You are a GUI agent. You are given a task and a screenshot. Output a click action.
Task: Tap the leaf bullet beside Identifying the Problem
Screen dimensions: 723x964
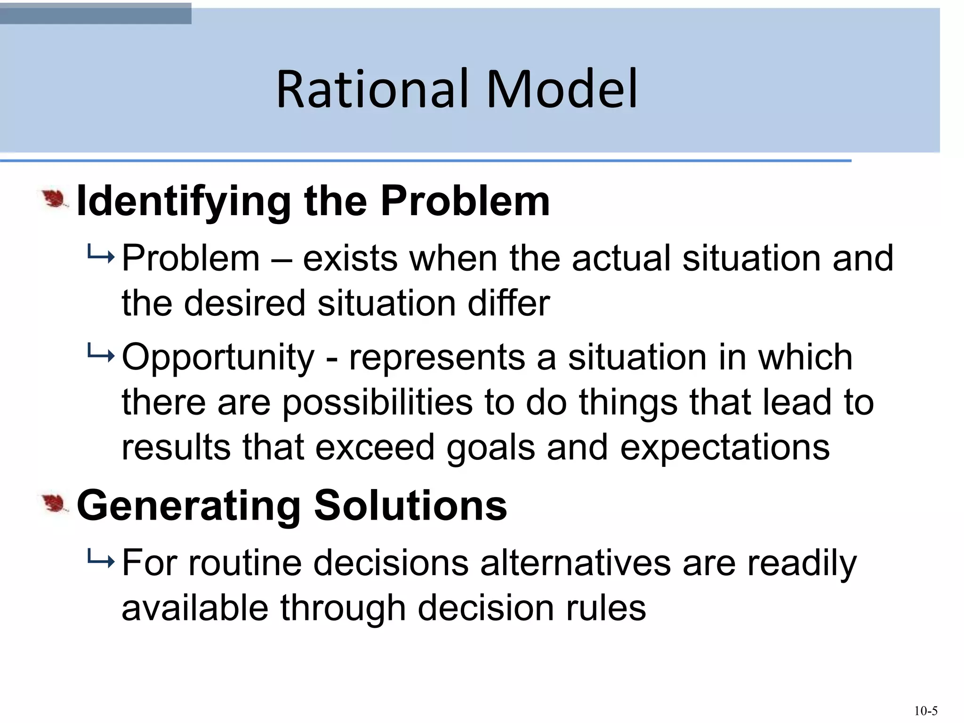point(55,200)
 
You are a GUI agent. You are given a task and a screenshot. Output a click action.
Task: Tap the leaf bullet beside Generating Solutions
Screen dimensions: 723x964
point(55,504)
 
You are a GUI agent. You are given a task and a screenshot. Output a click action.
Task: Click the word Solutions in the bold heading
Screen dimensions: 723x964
point(410,506)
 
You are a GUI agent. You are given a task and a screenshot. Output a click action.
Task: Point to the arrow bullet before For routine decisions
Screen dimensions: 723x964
point(100,561)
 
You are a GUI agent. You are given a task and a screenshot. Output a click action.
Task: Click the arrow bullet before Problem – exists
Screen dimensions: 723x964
point(100,256)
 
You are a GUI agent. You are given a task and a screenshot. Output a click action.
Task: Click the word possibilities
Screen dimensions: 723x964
point(378,403)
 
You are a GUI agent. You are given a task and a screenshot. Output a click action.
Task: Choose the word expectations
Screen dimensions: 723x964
point(725,448)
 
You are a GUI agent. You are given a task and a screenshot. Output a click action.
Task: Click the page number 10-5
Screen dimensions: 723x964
point(926,711)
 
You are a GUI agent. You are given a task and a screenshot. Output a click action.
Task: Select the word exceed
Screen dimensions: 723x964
point(375,447)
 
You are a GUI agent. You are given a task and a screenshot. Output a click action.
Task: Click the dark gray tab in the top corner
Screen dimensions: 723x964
point(96,13)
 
